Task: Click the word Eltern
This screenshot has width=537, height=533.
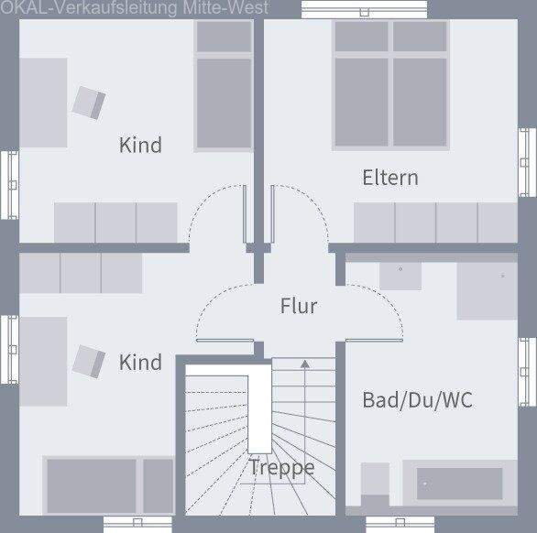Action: tap(389, 177)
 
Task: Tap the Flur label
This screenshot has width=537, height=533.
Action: tap(299, 305)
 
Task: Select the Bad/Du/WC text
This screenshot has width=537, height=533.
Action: tap(418, 399)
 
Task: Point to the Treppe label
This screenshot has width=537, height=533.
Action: tap(282, 468)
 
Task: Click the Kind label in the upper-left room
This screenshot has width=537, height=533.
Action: tap(140, 145)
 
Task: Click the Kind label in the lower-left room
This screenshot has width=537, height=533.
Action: tap(140, 362)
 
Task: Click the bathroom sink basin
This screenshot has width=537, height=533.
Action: tap(400, 273)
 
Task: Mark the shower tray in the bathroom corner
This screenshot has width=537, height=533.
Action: tap(486, 288)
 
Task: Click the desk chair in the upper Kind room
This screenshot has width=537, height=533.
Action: tap(89, 101)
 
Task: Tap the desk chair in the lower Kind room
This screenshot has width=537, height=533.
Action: tap(89, 360)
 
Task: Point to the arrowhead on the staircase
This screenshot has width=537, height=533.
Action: tap(304, 364)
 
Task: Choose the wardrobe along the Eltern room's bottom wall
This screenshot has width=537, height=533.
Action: tap(435, 223)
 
